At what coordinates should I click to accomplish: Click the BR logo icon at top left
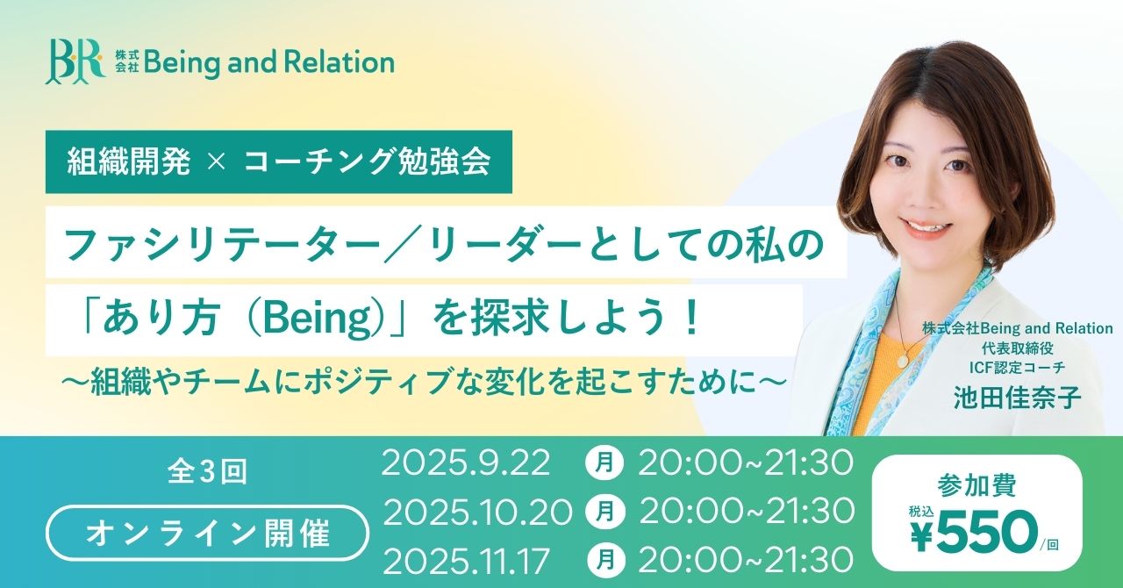pos(74,61)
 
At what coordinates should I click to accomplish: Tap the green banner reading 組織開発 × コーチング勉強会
pos(278,162)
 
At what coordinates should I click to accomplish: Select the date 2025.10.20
pos(477,511)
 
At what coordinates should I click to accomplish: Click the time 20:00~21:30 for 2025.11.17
pos(746,556)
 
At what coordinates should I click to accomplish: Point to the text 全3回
pos(207,473)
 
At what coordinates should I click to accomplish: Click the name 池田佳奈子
pos(1017,398)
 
